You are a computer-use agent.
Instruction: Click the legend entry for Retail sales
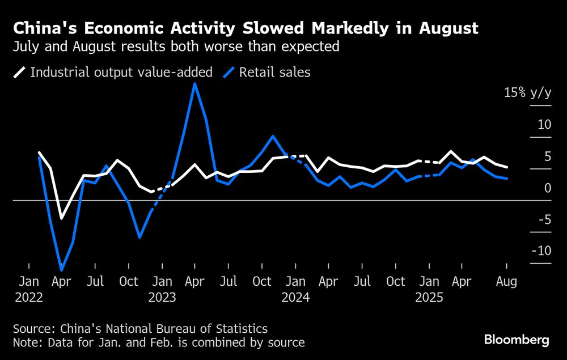(274, 73)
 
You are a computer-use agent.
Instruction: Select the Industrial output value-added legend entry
(120, 73)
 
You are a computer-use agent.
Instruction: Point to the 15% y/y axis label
(527, 93)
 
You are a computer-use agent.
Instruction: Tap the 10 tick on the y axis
(544, 125)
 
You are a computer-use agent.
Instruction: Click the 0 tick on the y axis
(547, 188)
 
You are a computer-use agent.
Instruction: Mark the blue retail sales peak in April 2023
(195, 84)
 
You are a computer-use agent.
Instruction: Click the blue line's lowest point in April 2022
(61, 270)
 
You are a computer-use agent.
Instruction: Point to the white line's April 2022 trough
(62, 218)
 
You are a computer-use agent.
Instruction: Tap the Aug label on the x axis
(506, 282)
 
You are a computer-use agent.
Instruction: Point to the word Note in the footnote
(25, 342)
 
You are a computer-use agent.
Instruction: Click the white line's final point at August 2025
(506, 167)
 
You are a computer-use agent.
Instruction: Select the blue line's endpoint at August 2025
(506, 179)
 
